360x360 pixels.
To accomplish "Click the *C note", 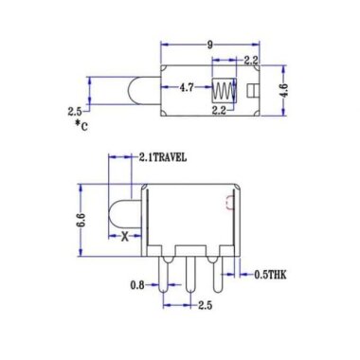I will tap(84, 124).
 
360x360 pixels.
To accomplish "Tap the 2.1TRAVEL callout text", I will tap(170, 157).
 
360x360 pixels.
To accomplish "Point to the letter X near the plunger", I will tap(123, 238).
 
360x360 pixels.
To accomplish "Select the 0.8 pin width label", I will tap(138, 284).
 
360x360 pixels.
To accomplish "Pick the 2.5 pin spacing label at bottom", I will tap(205, 305).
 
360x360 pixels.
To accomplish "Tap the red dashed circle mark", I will tap(227, 203).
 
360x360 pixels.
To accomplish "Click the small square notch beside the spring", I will tap(254, 91).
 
